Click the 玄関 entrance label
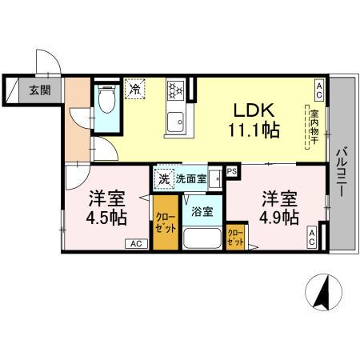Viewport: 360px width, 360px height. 40,90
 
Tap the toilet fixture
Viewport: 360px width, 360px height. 106,101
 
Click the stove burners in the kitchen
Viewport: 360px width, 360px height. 176,94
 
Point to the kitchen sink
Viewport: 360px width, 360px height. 174,122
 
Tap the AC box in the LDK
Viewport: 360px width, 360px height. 319,86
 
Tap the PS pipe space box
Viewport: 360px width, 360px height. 232,170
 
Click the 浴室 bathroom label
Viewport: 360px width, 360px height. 202,211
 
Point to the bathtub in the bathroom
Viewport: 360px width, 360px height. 202,238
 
